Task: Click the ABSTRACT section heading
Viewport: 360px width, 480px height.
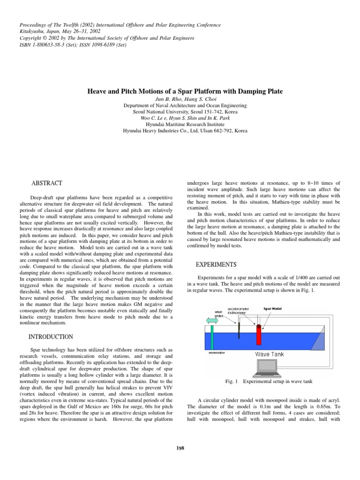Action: point(46,182)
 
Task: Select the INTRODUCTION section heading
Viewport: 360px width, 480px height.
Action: point(51,337)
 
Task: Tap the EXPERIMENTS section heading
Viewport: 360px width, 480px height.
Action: point(214,264)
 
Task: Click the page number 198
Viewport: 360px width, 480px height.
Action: point(180,448)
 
